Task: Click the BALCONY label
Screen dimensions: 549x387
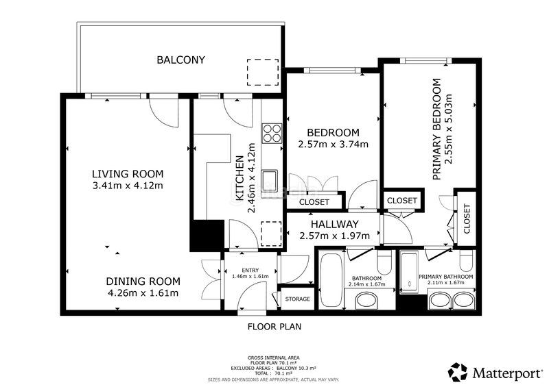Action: pos(180,60)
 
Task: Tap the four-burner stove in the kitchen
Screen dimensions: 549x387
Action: pos(272,133)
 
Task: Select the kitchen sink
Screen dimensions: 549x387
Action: pos(269,180)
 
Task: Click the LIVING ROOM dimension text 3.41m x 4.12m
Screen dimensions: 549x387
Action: pos(128,186)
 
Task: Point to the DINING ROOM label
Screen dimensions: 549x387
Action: pos(143,281)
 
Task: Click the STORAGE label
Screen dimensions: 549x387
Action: pos(298,299)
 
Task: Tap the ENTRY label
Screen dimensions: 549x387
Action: pos(250,271)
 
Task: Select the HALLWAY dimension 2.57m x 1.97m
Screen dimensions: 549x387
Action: pos(335,236)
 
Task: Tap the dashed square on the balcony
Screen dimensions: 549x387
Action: pos(263,73)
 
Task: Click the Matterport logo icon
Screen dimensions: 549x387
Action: pos(458,373)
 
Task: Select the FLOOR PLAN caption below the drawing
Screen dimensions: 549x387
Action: pos(274,327)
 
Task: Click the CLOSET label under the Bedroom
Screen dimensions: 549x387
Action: pos(314,203)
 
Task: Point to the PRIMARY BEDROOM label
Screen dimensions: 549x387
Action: pos(436,129)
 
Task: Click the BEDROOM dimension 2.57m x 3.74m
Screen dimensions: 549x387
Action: pos(334,144)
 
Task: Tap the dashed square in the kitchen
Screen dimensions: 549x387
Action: pos(272,234)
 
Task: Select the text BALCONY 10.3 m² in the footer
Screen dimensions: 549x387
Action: pos(296,369)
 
